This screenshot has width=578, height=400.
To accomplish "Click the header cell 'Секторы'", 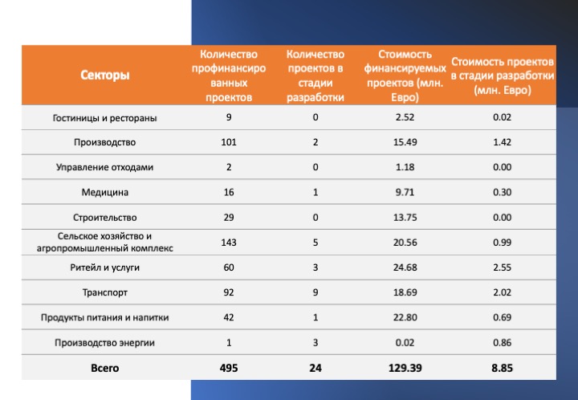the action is click(x=105, y=76).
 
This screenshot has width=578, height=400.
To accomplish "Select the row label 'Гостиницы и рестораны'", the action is click(x=104, y=118).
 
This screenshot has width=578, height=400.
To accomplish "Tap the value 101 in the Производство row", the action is click(x=229, y=142).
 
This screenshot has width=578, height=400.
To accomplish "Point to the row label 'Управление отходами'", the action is click(x=104, y=167).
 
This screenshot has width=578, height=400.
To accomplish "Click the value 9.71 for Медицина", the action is click(x=405, y=193).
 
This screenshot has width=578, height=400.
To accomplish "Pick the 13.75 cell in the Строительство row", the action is click(x=405, y=218).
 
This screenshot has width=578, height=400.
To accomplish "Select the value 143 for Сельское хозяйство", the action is click(x=229, y=243).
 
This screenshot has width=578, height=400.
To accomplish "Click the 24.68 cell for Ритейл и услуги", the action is click(x=405, y=267).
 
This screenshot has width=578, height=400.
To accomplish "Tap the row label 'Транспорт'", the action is click(x=105, y=292).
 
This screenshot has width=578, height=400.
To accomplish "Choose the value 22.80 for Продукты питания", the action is click(x=405, y=318).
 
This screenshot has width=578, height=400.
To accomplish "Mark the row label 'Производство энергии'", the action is click(x=104, y=343).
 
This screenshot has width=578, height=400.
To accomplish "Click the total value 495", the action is click(x=229, y=369).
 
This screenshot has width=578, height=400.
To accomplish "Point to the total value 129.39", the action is click(x=405, y=369).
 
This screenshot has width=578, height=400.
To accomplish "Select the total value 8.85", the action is click(x=502, y=369).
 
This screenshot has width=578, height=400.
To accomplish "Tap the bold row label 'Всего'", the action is click(x=105, y=369).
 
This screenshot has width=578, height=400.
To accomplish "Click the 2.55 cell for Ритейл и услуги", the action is click(x=502, y=267).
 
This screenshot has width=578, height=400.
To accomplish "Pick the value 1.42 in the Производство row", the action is click(x=502, y=142).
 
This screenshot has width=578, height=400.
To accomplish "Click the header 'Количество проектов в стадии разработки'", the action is click(x=315, y=76).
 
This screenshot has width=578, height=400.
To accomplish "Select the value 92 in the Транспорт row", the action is click(x=229, y=292).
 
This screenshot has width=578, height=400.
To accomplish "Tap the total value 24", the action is click(x=315, y=369).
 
